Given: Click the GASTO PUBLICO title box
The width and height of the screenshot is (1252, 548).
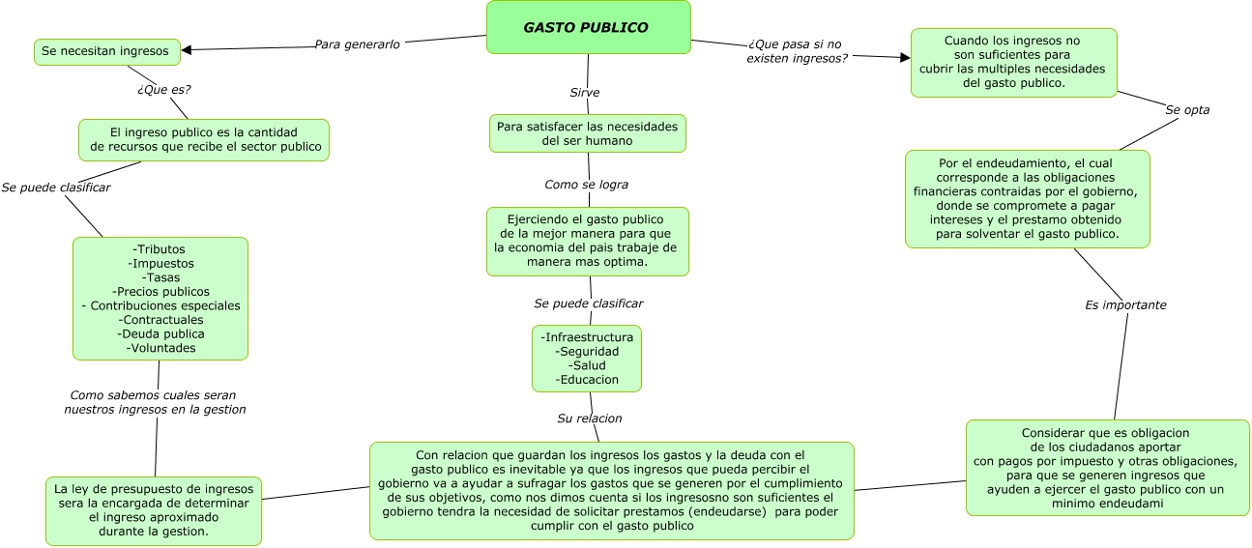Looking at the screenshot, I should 588,27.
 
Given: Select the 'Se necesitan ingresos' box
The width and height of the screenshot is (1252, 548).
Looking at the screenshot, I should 106,51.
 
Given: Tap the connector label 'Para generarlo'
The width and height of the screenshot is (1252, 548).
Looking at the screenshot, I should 357,44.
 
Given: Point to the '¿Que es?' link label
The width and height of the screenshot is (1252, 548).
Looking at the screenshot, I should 163,89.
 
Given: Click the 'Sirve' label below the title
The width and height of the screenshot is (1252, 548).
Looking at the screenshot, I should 584,93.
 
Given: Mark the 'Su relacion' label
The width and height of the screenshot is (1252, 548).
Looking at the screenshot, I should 589,418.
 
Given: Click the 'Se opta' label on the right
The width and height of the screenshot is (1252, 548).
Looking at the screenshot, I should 1187,110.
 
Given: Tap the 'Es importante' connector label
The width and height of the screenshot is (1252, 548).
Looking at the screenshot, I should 1125,305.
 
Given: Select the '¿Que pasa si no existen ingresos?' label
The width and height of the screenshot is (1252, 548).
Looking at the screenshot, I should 796,51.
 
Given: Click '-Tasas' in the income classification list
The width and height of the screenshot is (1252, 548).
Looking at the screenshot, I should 160,277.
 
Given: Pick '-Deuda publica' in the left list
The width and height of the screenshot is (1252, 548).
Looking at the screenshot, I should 160,333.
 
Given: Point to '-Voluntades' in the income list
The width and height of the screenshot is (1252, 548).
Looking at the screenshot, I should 160,348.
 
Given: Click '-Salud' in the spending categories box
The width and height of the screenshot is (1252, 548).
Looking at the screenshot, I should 587,366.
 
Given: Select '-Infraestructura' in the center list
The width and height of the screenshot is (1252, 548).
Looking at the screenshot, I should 587,337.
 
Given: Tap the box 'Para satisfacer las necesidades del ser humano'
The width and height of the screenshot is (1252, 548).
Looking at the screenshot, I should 587,133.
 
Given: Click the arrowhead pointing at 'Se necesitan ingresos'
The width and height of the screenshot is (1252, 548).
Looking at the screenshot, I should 187,50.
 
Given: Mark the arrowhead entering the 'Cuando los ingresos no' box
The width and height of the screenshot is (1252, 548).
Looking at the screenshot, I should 905,58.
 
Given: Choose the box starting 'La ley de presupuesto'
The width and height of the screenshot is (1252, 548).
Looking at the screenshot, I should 153,510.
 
